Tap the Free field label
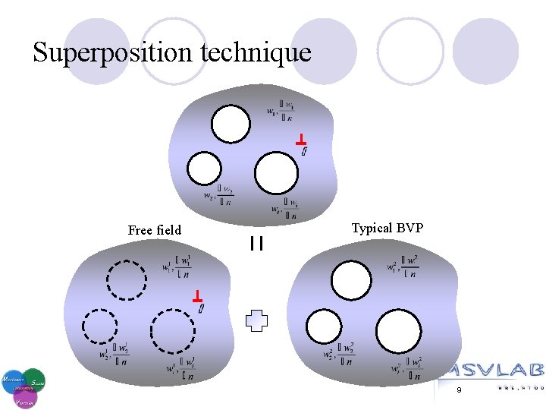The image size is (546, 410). click(155, 230)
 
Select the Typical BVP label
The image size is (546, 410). click(388, 228)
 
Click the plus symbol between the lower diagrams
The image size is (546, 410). click(257, 320)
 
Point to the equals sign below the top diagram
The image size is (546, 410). click(256, 244)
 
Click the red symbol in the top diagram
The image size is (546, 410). click(301, 140)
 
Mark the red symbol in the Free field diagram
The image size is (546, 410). click(196, 296)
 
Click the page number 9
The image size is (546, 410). click(459, 389)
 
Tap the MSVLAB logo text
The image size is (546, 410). click(492, 370)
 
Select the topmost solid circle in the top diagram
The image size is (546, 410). click(230, 124)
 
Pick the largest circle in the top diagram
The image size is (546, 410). click(276, 173)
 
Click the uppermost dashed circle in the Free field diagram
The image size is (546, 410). click(127, 280)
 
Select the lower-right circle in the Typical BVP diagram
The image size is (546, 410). click(398, 332)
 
